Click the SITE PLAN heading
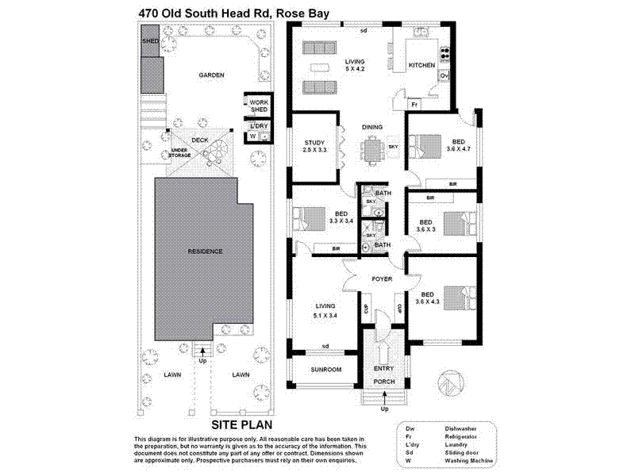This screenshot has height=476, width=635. coord(205,425)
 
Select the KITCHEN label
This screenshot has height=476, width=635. coord(421,66)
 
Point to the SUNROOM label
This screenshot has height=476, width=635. coord(325,370)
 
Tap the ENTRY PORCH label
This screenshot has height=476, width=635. coord(384,373)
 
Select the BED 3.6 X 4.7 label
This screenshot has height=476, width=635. coord(460,145)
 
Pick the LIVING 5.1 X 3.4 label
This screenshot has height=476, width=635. coord(325,309)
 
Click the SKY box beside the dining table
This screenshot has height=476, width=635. coord(393,147)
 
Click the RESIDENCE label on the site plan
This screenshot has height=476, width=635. coord(205,251)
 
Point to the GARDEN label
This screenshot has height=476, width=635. coord(211,75)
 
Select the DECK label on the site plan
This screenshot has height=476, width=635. coord(199,140)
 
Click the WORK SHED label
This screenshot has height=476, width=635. coord(259,106)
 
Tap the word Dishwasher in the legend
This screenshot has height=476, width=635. coord(461,428)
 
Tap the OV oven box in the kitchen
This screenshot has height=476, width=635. coord(444,76)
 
